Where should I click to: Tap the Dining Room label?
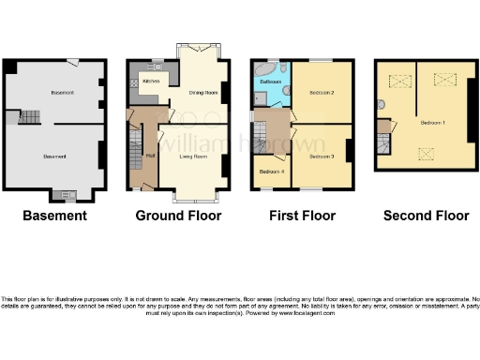click(x=205, y=93)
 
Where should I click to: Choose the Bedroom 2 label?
click(x=322, y=94)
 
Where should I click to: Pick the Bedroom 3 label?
click(x=322, y=156)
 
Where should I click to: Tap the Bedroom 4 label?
click(x=271, y=172)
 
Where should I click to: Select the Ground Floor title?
click(x=178, y=216)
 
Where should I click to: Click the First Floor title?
click(x=302, y=216)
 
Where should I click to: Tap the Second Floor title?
click(x=426, y=216)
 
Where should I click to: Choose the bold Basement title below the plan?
click(x=54, y=216)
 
